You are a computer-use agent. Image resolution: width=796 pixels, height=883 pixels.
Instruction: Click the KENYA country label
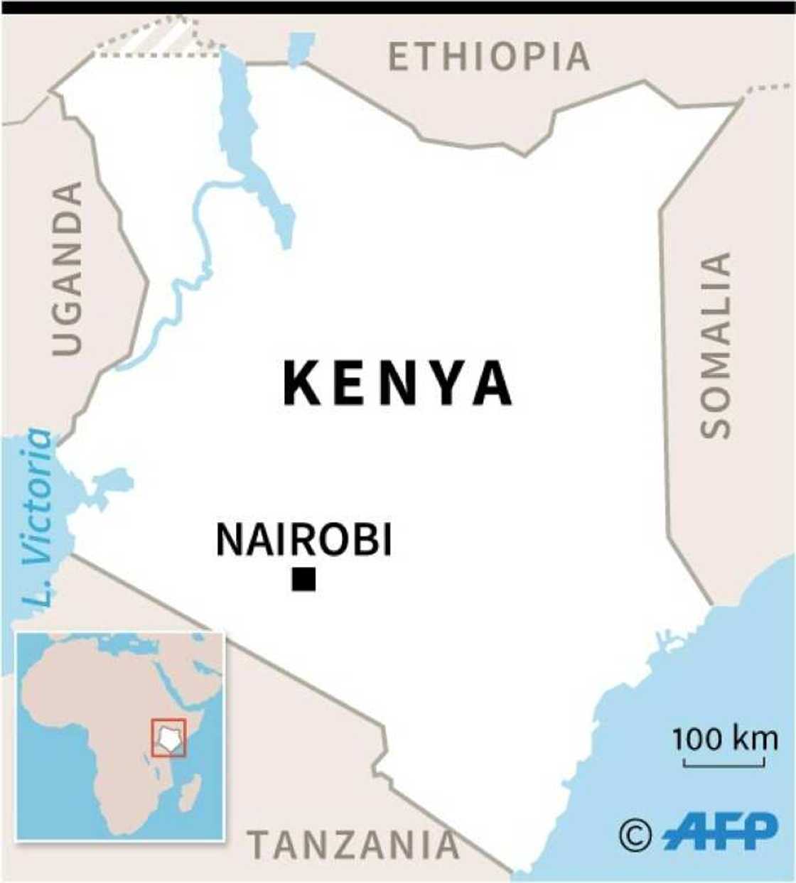pyautogui.click(x=397, y=384)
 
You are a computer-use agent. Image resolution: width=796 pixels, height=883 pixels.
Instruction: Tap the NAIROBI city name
pyautogui.click(x=303, y=540)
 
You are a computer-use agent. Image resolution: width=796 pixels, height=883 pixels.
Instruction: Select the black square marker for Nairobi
pyautogui.click(x=303, y=579)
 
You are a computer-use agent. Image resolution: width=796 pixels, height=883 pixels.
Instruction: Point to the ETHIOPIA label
pyautogui.click(x=489, y=57)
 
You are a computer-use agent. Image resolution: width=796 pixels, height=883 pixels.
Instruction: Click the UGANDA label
pyautogui.click(x=68, y=268)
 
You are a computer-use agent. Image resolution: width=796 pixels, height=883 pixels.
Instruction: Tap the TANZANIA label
pyautogui.click(x=353, y=845)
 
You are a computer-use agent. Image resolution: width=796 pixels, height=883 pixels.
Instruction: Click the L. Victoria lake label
pyautogui.click(x=37, y=516)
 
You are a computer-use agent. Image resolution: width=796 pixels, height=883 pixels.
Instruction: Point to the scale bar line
pyautogui.click(x=724, y=764)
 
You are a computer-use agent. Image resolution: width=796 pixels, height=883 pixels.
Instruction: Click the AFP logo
pyautogui.click(x=720, y=832)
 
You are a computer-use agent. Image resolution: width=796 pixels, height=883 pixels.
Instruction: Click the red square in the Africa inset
pyautogui.click(x=168, y=737)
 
